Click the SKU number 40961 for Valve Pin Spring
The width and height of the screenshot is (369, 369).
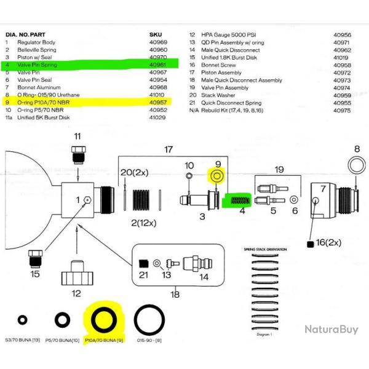(x=159, y=63)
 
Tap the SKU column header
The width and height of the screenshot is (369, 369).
(x=156, y=34)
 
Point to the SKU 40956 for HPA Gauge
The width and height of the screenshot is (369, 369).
(x=342, y=35)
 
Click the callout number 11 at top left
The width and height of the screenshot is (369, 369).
(x=77, y=136)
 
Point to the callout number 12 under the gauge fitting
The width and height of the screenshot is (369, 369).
(x=76, y=293)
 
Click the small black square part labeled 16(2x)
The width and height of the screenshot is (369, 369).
(x=311, y=244)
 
